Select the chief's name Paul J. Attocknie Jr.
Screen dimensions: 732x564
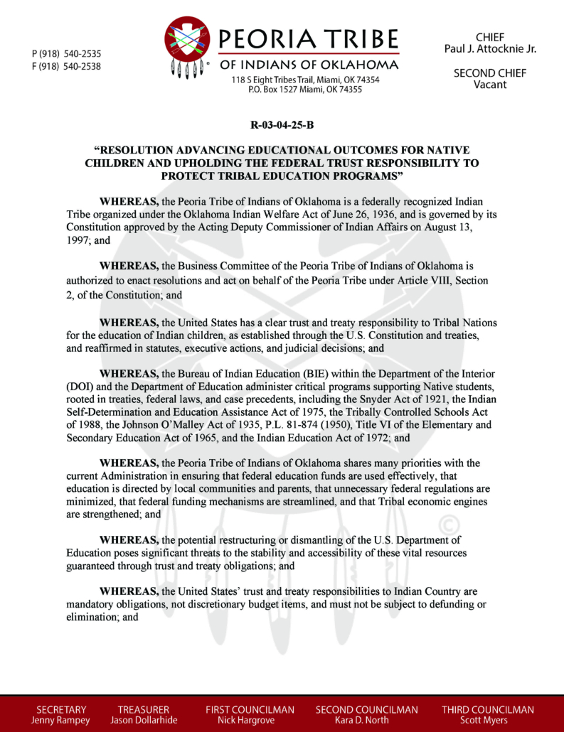[x=490, y=48]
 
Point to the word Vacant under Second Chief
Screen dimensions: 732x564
[x=490, y=85]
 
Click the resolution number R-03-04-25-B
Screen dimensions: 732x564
[x=282, y=126]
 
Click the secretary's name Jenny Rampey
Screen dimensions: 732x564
[x=61, y=720]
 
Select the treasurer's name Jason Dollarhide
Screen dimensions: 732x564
[x=144, y=720]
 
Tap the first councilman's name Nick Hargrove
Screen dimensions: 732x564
[x=250, y=720]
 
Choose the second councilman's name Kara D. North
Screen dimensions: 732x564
[x=366, y=720]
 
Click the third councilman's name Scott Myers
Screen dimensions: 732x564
[x=487, y=720]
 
